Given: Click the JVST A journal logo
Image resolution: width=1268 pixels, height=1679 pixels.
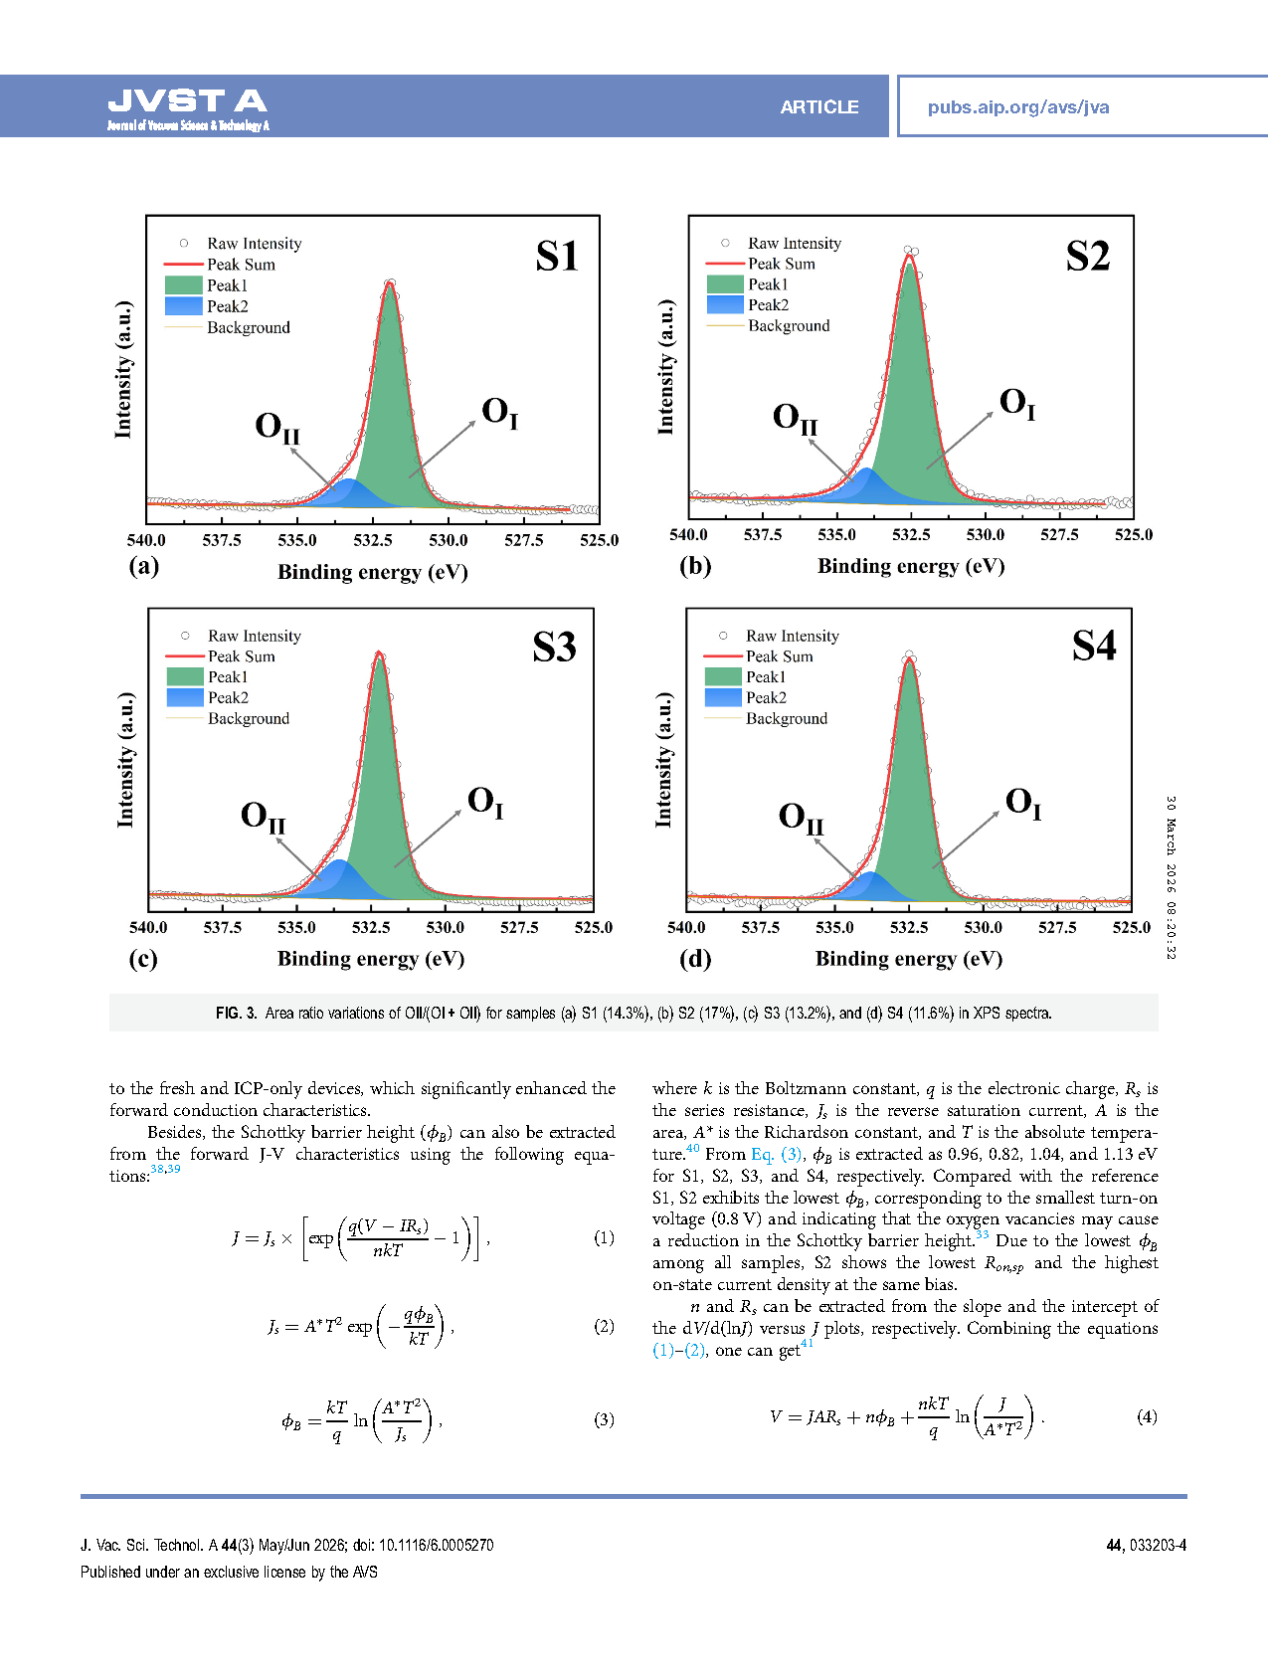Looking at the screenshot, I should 188,107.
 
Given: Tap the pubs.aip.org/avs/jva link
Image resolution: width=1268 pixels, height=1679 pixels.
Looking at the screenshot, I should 1017,107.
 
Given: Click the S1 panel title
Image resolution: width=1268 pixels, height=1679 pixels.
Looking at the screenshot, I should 557,257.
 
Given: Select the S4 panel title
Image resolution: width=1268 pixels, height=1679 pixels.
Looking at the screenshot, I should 1094,647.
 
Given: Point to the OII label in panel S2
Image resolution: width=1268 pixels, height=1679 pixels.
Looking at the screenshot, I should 795,419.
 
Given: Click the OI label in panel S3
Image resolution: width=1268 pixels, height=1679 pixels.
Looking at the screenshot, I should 485,802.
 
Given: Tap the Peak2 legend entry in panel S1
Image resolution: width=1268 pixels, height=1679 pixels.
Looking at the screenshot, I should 227,306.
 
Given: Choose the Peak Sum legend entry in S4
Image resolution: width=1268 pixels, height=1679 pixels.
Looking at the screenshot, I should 779,656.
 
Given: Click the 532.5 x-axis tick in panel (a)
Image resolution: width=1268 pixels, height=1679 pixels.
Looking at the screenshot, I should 373,540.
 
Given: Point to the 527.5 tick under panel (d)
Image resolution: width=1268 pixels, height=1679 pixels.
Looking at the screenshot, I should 1057,927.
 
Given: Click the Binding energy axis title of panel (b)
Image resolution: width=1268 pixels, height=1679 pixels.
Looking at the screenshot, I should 911,566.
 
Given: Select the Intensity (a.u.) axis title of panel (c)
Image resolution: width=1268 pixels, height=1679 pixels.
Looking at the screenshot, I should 125,760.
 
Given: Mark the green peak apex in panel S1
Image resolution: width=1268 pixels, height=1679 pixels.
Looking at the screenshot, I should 390,290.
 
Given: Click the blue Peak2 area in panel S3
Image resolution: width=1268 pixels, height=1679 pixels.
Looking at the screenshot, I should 340,877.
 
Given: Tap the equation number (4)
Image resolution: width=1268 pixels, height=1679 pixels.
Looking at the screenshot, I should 1147,1416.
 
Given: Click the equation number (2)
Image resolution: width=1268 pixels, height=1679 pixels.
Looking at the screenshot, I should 604,1326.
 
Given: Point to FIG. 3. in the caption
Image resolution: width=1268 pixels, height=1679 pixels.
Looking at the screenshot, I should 236,1014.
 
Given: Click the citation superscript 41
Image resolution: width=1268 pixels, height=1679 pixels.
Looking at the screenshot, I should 807,1344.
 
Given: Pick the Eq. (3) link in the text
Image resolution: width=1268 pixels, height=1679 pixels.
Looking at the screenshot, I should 777,1154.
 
